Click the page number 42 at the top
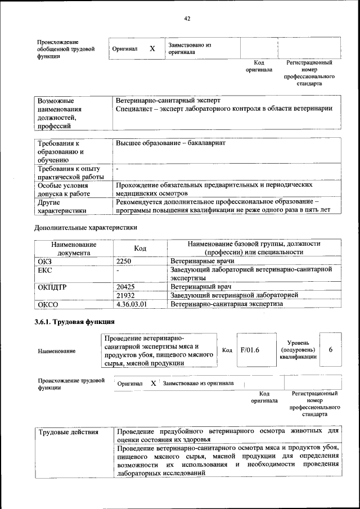(187, 19)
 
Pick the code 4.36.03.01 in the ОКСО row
(131, 304)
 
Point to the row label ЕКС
(44, 271)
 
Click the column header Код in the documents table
(140, 249)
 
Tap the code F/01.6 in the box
(249, 350)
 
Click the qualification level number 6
(331, 349)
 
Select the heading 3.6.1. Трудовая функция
(75, 322)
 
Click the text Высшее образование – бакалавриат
(170, 143)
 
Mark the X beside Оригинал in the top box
(152, 48)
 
